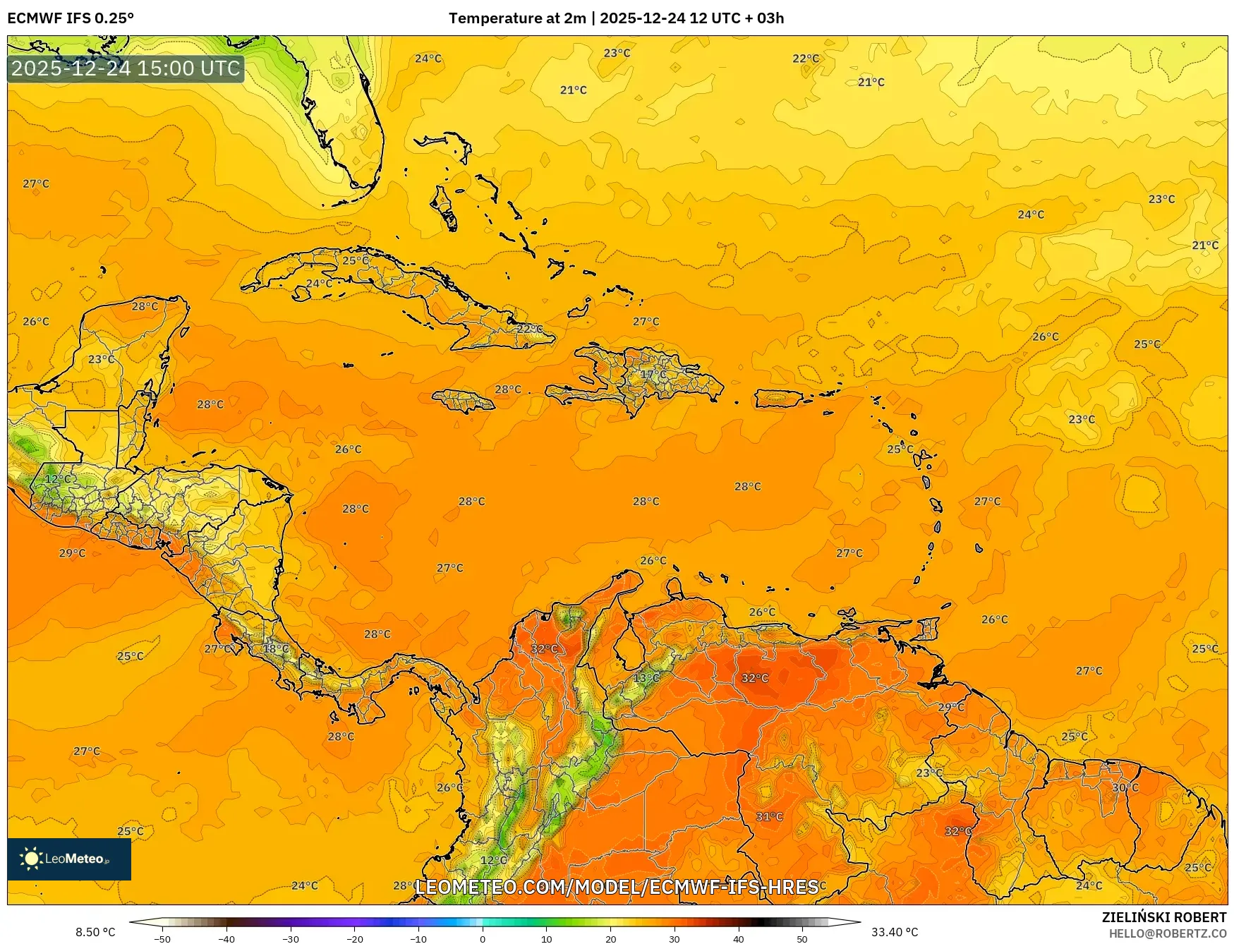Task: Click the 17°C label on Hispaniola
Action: click(x=653, y=374)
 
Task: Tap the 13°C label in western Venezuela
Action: click(x=646, y=678)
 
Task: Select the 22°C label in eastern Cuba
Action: click(x=529, y=329)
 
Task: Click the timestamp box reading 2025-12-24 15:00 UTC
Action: click(x=126, y=68)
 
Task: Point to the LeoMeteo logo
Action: click(x=68, y=859)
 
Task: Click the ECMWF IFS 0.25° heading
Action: click(x=70, y=18)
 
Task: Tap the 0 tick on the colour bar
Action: click(x=483, y=938)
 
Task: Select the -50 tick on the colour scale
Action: click(x=162, y=938)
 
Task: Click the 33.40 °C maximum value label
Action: click(x=895, y=932)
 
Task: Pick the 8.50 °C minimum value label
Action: click(x=95, y=932)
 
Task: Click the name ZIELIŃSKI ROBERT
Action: click(x=1163, y=917)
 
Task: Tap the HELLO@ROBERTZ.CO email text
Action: click(x=1167, y=933)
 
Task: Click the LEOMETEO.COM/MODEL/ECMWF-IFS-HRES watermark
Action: click(x=616, y=887)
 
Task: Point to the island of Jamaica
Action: click(x=463, y=401)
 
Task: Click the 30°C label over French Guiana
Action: click(x=1125, y=787)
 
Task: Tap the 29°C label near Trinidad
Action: click(x=950, y=707)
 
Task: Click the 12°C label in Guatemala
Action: click(x=58, y=479)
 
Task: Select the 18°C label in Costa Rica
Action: click(x=275, y=648)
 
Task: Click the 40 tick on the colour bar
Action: click(x=738, y=938)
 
